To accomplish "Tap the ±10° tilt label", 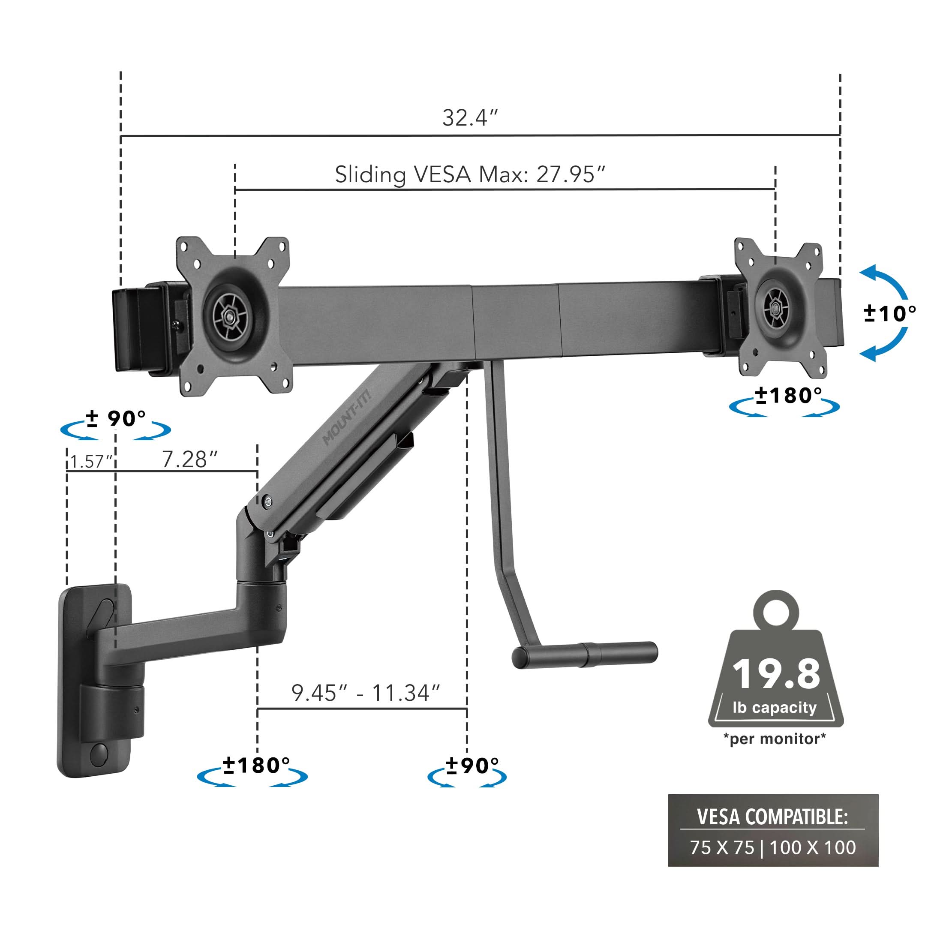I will [x=889, y=313].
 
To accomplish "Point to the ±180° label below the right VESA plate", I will [x=788, y=396].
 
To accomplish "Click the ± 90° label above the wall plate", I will [x=116, y=419].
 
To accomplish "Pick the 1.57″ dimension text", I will [x=91, y=461].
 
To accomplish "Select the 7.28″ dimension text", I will [x=189, y=460].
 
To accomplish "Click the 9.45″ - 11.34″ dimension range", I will [x=366, y=693].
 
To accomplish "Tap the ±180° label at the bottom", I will [x=256, y=766].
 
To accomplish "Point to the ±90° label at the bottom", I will [x=471, y=766].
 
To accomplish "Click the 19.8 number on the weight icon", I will [x=776, y=675].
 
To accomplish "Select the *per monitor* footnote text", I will [x=775, y=739].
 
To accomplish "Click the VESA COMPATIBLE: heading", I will [x=773, y=817].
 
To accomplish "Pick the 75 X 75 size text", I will [x=722, y=847].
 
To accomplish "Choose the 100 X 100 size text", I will [x=813, y=847].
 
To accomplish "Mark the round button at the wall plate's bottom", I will [x=99, y=754].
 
